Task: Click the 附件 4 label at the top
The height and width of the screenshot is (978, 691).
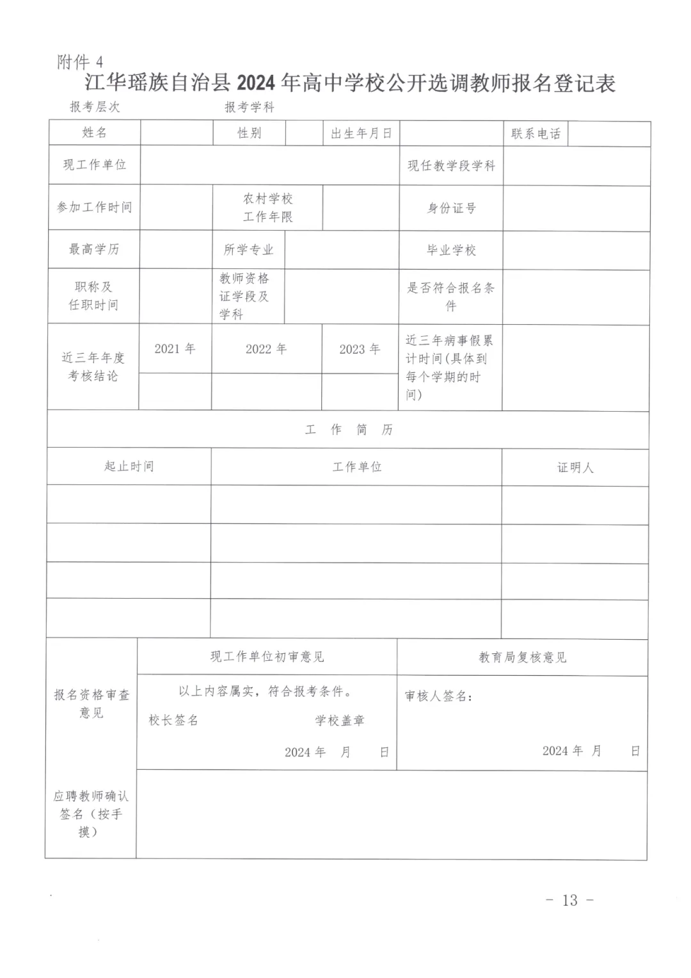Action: coord(80,62)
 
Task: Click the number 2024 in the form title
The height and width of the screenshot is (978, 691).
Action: coord(255,84)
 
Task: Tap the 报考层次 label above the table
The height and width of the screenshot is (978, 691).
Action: coord(95,106)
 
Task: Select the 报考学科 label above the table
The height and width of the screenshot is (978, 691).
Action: coord(249,107)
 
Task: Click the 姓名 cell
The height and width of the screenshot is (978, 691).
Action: coord(95,133)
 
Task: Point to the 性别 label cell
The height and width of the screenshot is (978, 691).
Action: coord(249,133)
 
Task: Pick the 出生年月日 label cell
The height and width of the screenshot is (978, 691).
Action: coord(361,133)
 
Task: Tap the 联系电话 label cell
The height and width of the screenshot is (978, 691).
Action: coord(536,134)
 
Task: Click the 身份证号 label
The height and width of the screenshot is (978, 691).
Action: coord(451,208)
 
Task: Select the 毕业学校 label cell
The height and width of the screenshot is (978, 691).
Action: coord(451,250)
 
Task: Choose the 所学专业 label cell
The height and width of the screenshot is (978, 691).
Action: coord(248,250)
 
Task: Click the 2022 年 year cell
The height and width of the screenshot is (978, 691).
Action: coord(266,349)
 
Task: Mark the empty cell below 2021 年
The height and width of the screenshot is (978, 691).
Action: coord(175,391)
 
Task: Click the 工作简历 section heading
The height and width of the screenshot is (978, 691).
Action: coord(349,430)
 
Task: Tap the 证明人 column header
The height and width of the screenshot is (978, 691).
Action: coord(575,468)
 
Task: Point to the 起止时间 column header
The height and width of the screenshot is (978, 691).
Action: coord(129,466)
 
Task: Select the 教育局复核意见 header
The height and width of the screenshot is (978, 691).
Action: coord(522,657)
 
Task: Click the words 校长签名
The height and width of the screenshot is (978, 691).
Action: coord(173,721)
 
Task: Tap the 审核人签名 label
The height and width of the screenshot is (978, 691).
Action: coord(438,696)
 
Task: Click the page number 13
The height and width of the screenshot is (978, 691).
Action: coord(569,900)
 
